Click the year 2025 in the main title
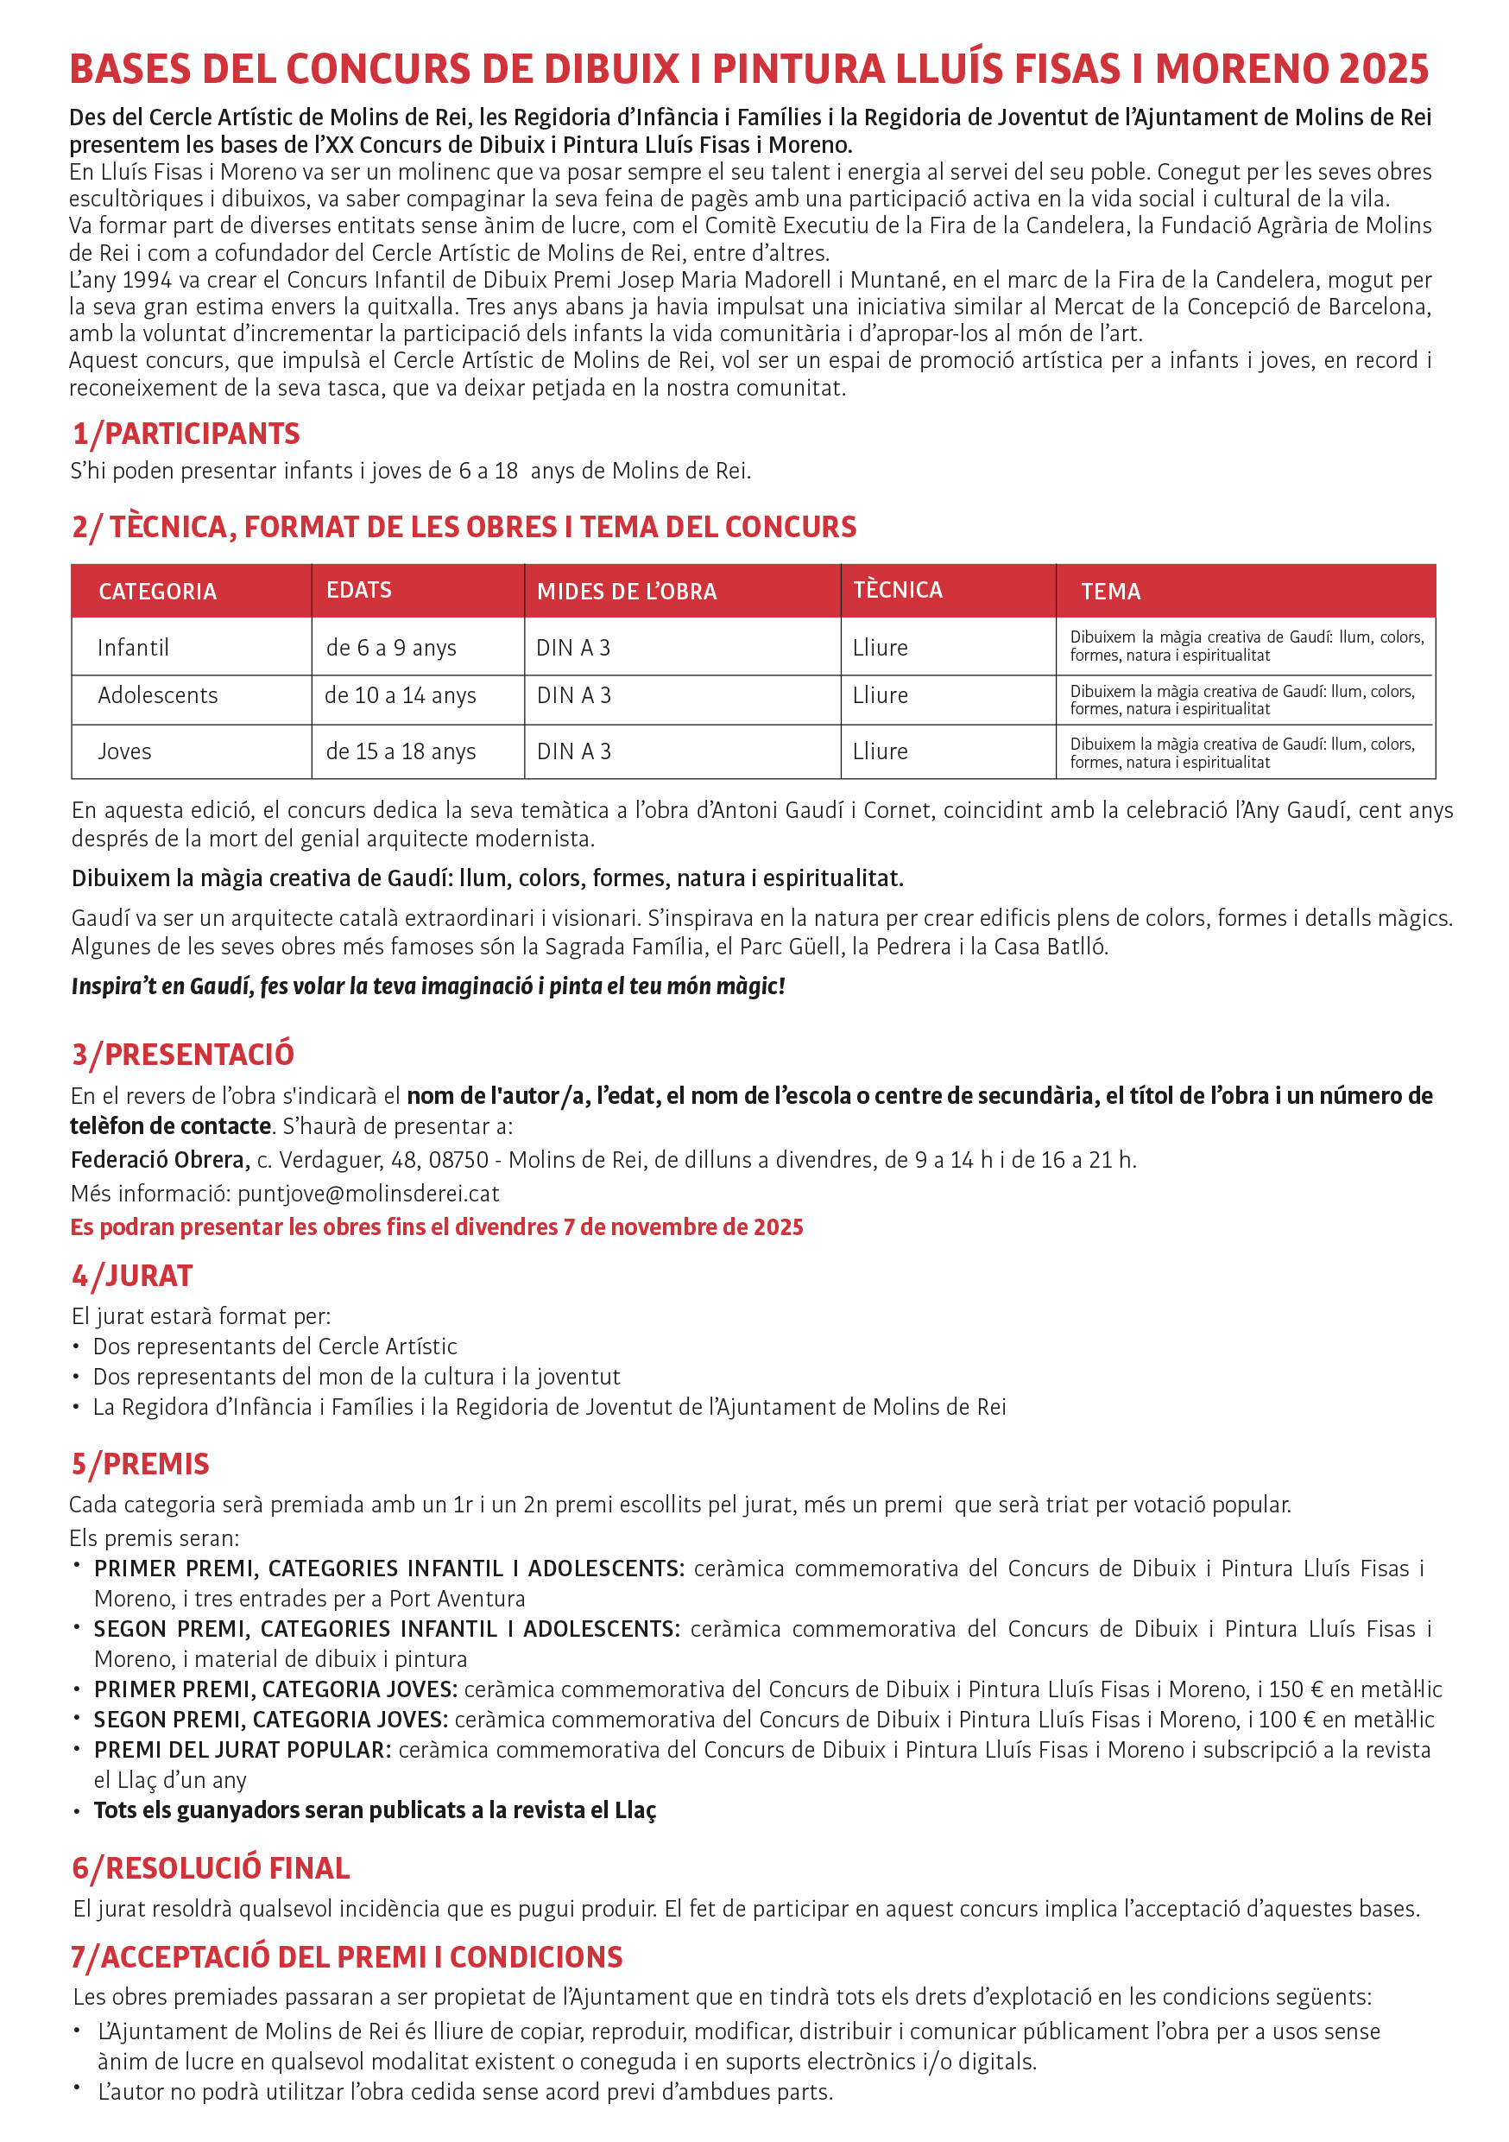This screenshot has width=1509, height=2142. click(x=1383, y=69)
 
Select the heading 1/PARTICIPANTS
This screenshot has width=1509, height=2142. click(x=186, y=433)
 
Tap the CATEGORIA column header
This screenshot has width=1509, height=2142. click(x=158, y=592)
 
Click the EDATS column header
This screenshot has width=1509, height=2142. click(x=359, y=590)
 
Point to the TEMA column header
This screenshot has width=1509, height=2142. click(x=1111, y=592)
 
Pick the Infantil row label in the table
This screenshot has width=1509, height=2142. click(x=133, y=648)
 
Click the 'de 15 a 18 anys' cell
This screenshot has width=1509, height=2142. click(x=401, y=751)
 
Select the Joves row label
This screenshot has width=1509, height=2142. click(x=124, y=751)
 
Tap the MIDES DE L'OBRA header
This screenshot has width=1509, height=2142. click(x=627, y=592)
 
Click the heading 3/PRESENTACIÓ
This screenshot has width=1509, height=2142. click(x=183, y=1055)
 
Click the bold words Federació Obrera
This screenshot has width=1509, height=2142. click(x=160, y=1160)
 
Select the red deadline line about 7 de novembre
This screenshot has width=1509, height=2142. click(x=437, y=1226)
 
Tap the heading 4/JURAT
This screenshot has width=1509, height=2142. click(x=132, y=1276)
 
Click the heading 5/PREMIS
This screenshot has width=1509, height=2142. click(x=141, y=1464)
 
